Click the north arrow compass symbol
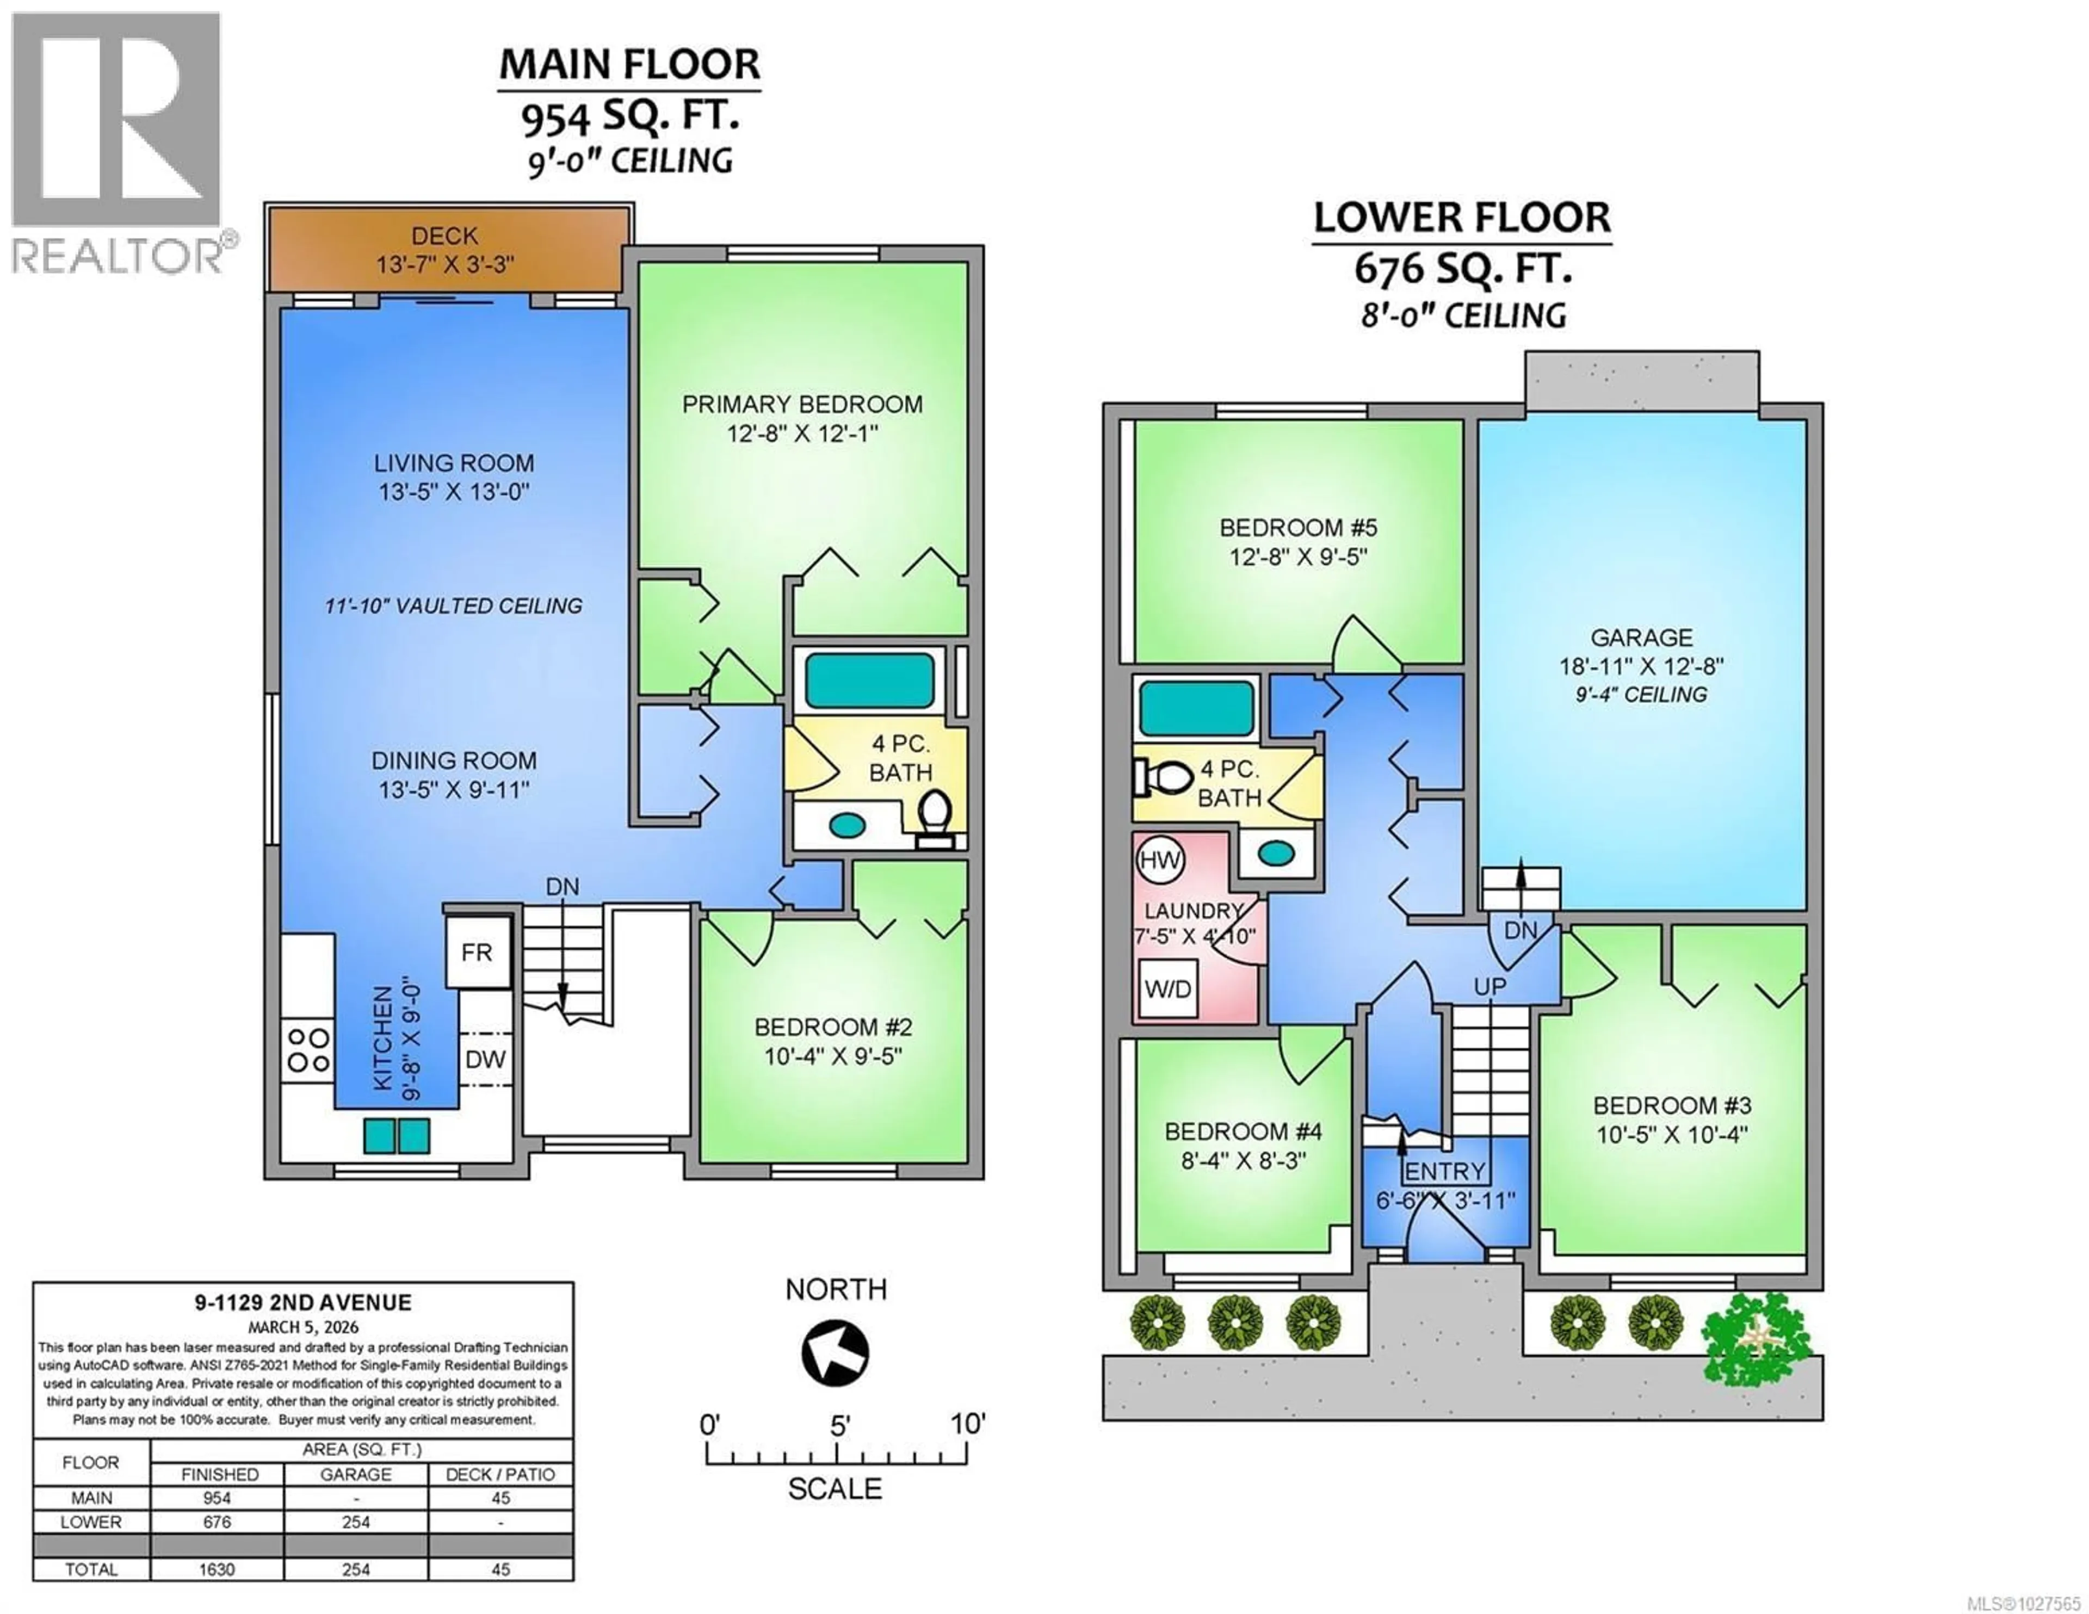click(x=835, y=1353)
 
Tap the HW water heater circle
click(x=1159, y=860)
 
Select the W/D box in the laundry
click(x=1168, y=988)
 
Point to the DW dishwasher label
click(x=485, y=1059)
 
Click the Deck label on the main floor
click(x=445, y=236)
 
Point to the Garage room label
click(x=1641, y=637)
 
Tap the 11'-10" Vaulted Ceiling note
click(x=453, y=605)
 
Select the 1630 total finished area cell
click(x=217, y=1569)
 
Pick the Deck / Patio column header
click(x=500, y=1474)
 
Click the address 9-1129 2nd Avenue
click(x=303, y=1302)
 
